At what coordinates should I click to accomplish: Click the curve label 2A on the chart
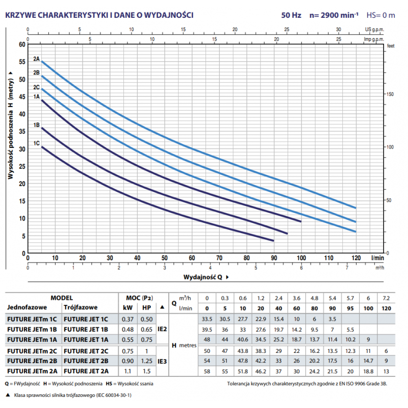pos(36,59)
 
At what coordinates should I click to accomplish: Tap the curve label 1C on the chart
pos(36,144)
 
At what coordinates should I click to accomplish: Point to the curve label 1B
pos(36,125)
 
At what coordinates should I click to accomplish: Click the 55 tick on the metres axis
pos(22,62)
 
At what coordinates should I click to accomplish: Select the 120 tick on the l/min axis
pos(355,258)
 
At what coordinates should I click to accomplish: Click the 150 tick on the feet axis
pos(391,94)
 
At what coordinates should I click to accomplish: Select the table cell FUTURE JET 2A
pos(86,371)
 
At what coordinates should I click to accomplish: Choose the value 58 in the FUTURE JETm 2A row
pos(207,371)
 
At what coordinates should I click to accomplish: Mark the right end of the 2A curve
pos(355,208)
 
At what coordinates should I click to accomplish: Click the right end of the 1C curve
pos(274,241)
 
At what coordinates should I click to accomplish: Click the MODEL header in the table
pos(62,297)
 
